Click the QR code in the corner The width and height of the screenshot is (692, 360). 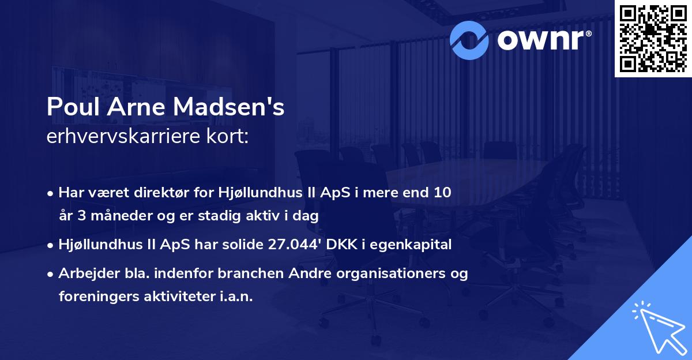click(653, 39)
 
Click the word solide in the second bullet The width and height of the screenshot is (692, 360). click(246, 245)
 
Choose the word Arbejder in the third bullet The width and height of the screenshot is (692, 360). click(83, 273)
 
